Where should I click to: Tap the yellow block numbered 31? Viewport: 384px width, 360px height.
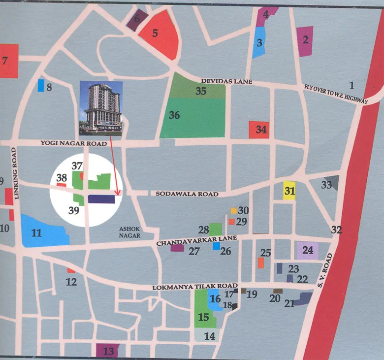(289, 190)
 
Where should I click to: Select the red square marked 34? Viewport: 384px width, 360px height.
(258, 130)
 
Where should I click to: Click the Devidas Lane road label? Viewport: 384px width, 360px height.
(226, 81)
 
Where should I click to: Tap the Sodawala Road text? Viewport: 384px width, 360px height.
(187, 194)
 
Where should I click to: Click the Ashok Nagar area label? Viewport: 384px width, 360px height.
(130, 232)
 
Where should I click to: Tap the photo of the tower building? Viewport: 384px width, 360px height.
(100, 108)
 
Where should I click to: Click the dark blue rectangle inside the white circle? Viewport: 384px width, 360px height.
(101, 199)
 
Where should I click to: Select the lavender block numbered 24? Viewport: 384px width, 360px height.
(308, 251)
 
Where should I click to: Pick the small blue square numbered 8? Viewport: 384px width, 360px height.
(40, 86)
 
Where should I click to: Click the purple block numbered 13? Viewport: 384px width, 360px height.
(108, 351)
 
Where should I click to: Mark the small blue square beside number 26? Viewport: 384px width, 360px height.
(216, 246)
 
